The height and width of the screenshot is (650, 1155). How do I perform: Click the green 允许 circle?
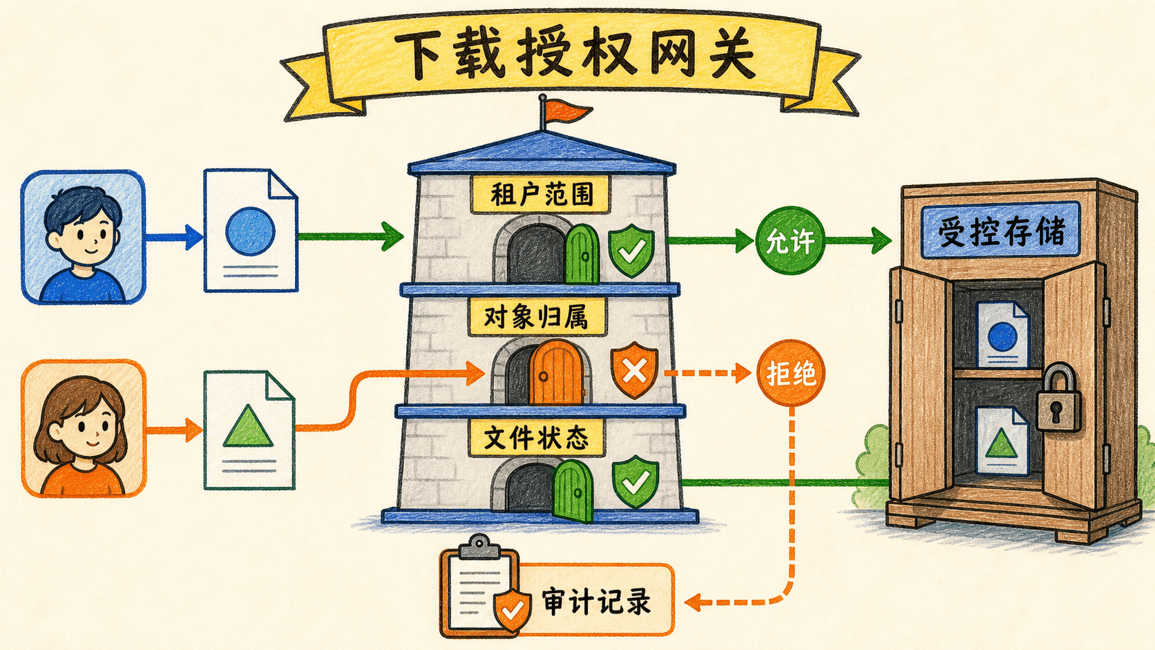790,240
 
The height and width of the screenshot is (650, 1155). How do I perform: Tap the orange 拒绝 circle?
790,373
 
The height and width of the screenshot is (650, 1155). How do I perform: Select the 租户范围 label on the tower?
540,194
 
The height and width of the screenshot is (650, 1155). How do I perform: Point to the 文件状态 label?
536,438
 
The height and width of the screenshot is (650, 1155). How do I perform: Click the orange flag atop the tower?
567,111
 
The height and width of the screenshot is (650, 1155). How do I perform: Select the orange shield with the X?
634,370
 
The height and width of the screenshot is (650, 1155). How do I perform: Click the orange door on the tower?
556,372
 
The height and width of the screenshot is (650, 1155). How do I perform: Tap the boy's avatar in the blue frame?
83,237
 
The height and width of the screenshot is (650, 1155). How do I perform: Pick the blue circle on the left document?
250,231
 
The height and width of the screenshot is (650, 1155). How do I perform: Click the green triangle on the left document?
248,426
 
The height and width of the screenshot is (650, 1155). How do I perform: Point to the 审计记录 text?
596,601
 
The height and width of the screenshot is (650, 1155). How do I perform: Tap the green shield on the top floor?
631,251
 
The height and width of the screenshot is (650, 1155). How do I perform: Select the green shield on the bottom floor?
636,482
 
